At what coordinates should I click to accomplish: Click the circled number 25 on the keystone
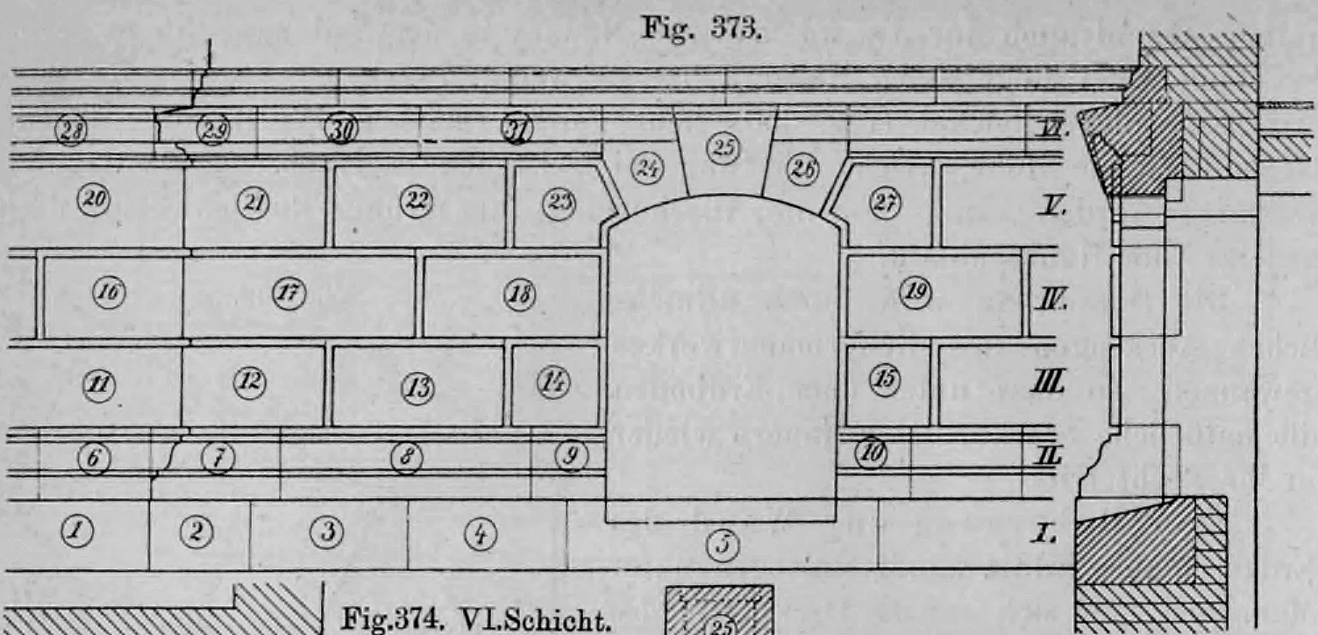click(723, 150)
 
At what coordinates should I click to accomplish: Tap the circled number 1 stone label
click(76, 529)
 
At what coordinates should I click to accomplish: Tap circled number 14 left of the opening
click(553, 381)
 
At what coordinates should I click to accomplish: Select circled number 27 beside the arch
click(882, 201)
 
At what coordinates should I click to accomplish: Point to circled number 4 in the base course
click(482, 531)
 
